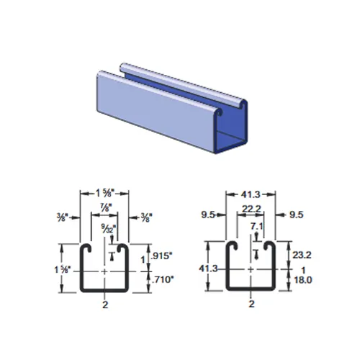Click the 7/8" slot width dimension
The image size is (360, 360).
tap(105, 206)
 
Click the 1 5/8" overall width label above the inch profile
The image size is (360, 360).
tap(105, 193)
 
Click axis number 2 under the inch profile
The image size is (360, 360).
tap(106, 305)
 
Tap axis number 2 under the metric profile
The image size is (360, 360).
tap(251, 305)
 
